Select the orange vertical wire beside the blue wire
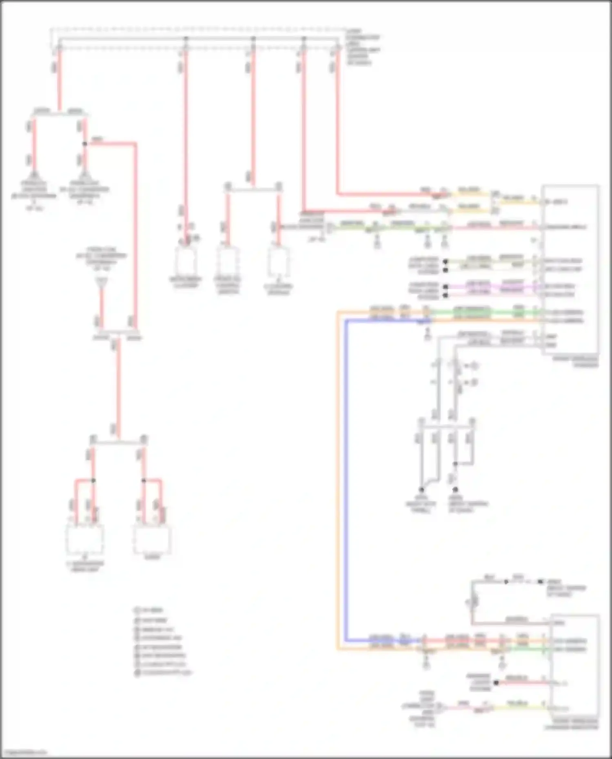(x=338, y=481)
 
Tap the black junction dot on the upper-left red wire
(x=85, y=144)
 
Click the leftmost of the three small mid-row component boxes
(x=186, y=261)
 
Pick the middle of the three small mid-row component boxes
(x=228, y=261)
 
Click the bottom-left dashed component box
(x=85, y=539)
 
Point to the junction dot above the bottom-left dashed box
(x=93, y=480)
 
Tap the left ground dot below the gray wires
(x=421, y=489)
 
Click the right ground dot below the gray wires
(x=455, y=489)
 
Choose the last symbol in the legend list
(x=137, y=673)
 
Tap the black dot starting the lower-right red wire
(x=496, y=682)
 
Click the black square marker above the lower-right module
(x=541, y=582)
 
